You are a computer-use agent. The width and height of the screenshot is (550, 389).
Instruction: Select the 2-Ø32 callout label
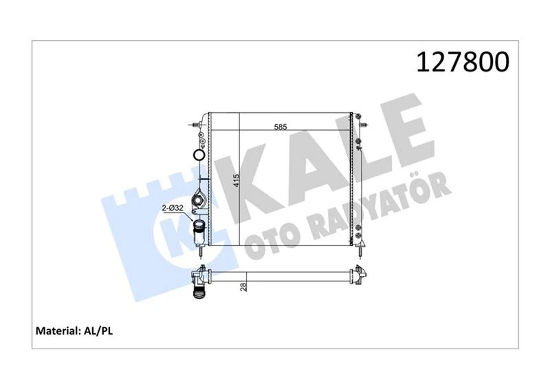(x=173, y=208)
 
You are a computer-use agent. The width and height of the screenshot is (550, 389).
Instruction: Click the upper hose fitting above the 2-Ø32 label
(x=200, y=201)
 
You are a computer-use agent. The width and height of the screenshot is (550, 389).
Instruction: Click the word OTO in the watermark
(x=264, y=231)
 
